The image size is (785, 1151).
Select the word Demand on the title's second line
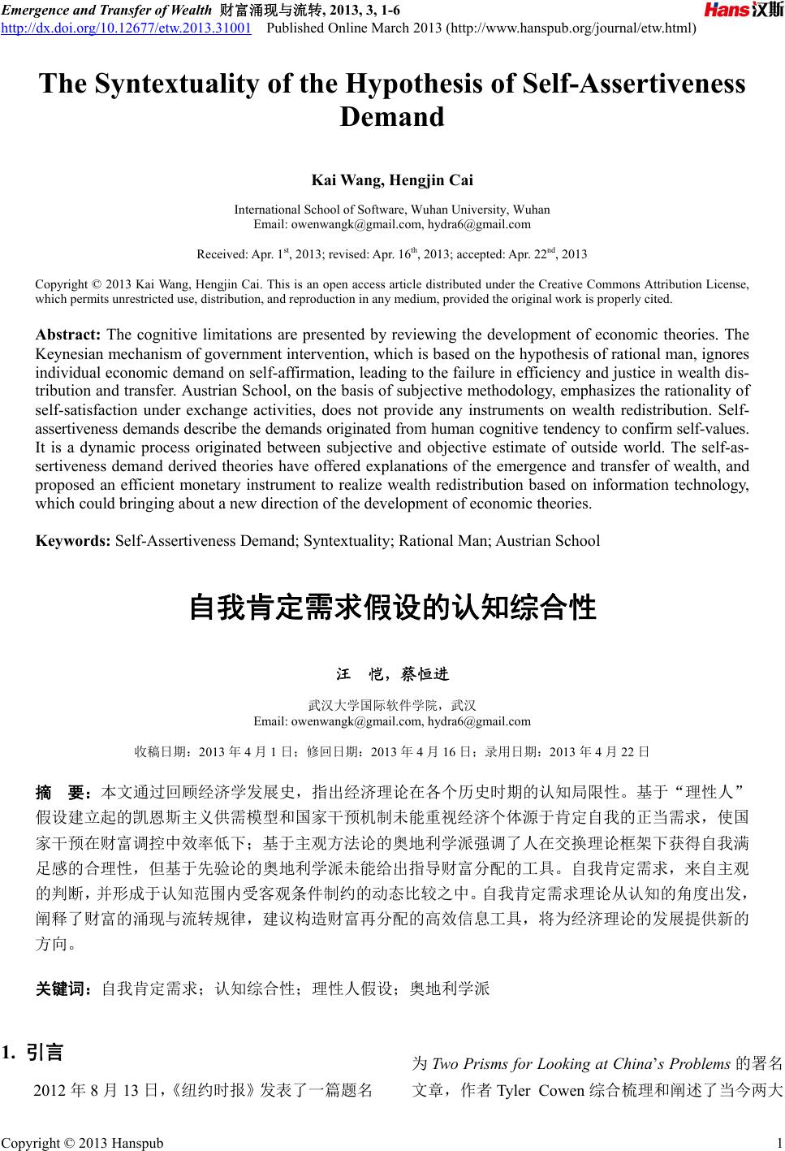(392, 117)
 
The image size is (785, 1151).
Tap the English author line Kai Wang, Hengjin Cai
(392, 180)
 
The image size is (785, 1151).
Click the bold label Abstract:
(68, 335)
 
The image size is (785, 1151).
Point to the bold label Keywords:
(73, 540)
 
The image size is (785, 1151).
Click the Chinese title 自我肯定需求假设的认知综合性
(392, 608)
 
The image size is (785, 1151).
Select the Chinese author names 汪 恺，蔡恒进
(392, 674)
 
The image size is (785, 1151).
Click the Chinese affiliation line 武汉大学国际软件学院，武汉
(392, 704)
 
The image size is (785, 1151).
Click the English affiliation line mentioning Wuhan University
(392, 210)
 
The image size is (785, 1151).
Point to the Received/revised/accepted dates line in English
(392, 254)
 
